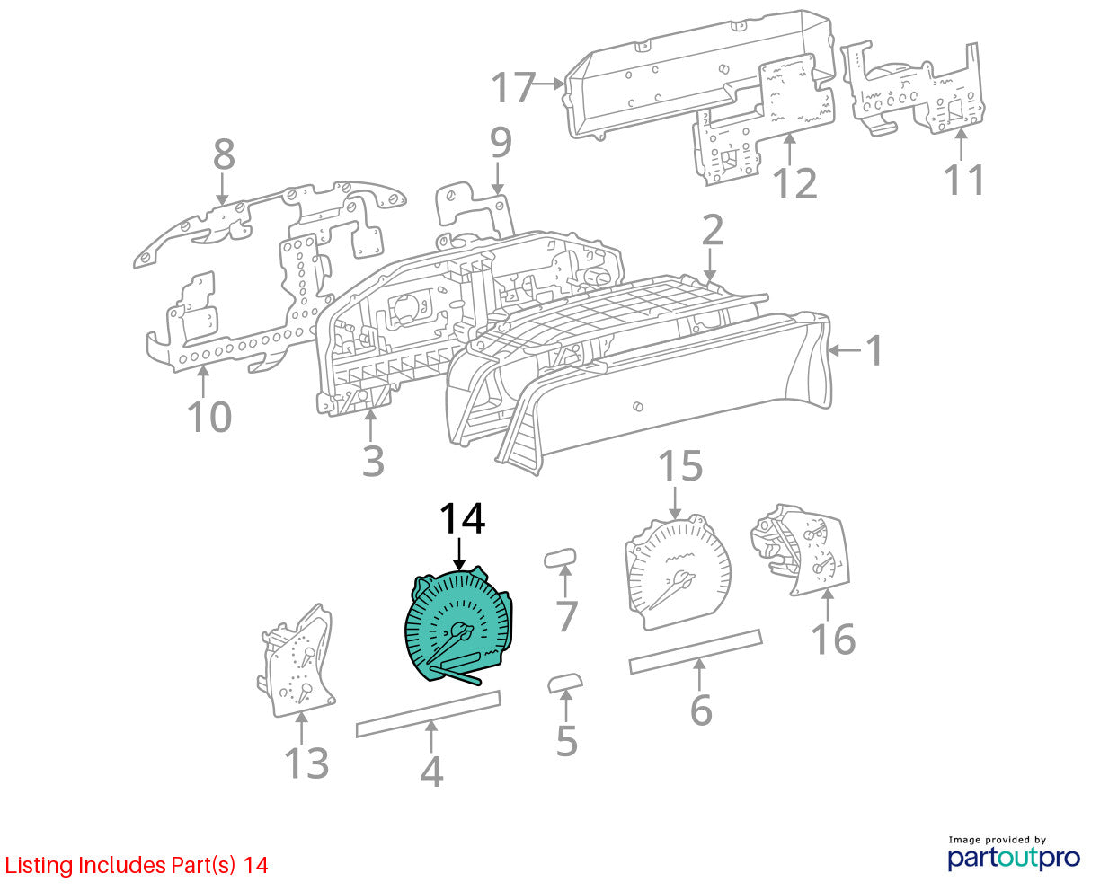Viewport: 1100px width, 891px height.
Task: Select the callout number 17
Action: (513, 87)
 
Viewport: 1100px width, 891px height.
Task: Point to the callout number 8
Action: (224, 154)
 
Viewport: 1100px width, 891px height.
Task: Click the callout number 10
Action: (209, 416)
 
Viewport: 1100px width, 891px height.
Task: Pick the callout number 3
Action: (373, 461)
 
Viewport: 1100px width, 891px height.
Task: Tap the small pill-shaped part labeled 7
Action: (560, 558)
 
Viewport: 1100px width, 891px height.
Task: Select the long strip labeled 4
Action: (428, 714)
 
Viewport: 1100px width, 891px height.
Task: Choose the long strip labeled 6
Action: (696, 652)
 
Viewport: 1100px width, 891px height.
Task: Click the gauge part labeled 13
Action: (296, 662)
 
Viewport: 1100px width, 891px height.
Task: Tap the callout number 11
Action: (963, 180)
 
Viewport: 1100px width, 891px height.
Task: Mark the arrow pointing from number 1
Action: (845, 350)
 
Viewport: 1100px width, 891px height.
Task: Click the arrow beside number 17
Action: (549, 84)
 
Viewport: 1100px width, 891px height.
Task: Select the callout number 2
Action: (713, 230)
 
